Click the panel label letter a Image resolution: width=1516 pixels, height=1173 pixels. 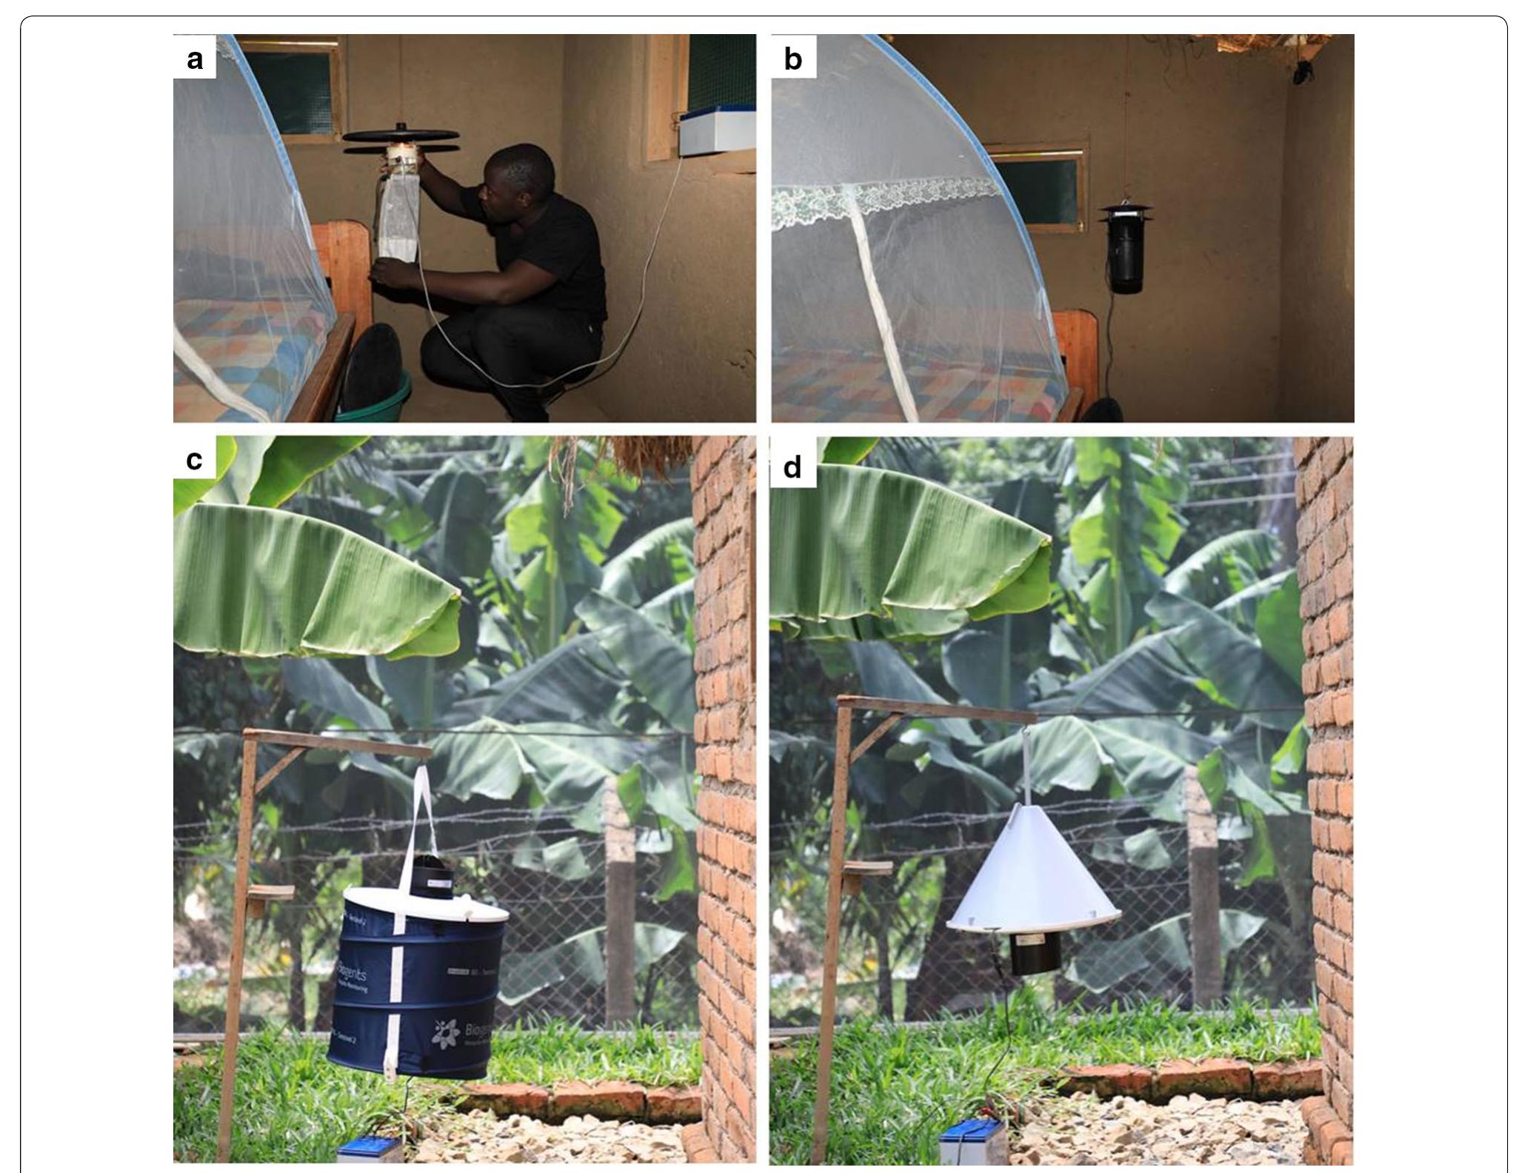click(x=195, y=59)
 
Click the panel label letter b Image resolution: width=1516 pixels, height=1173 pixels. click(x=792, y=59)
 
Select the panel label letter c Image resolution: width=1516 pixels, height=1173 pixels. click(x=194, y=460)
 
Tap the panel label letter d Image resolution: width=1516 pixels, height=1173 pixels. click(x=792, y=467)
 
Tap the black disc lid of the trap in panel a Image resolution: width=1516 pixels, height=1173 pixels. click(x=400, y=136)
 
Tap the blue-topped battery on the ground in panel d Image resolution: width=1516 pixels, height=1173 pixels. click(x=969, y=1144)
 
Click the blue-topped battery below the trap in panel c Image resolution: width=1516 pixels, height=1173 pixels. click(x=370, y=1152)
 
